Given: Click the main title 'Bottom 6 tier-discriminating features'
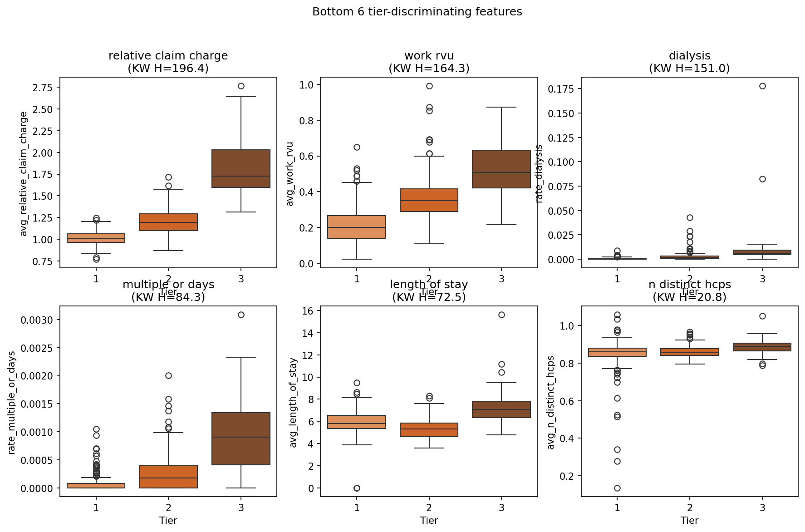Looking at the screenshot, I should point(417,12).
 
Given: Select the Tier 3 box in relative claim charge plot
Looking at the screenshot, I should point(241,168).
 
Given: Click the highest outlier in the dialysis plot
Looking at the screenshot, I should point(762,86).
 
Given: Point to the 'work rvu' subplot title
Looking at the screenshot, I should point(429,56).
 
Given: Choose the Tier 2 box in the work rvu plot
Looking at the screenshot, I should point(429,200).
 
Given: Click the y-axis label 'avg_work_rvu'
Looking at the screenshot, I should point(290,174).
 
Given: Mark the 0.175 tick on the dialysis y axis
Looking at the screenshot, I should point(561,89).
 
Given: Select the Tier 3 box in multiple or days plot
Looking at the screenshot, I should point(241,438).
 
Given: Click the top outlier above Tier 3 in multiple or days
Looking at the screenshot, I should point(241,315).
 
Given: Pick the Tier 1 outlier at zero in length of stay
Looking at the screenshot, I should point(357,488).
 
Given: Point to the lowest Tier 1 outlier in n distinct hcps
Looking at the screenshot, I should point(617,488).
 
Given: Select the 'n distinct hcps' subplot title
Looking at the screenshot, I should point(689,285).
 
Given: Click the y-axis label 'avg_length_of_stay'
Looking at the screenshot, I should point(293,402).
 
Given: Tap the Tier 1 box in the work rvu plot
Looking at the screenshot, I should point(357,227).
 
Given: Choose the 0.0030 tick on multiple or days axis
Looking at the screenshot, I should point(37,320).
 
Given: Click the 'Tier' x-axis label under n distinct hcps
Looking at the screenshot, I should point(689,520).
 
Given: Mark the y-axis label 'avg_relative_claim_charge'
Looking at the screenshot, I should point(24,174).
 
